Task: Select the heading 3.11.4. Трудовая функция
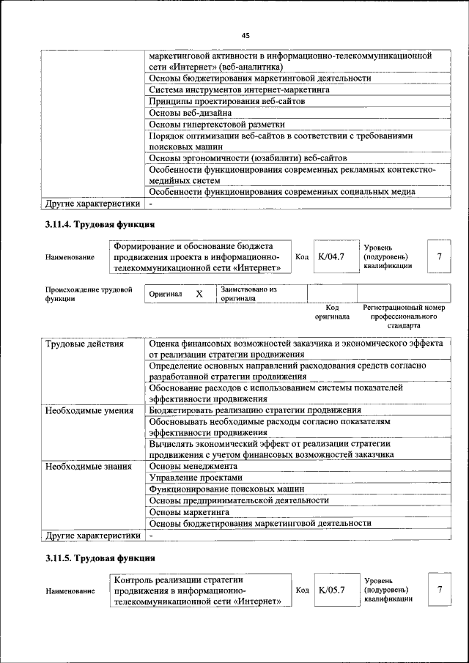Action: click(100, 224)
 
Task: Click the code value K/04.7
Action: click(331, 256)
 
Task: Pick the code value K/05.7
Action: click(331, 590)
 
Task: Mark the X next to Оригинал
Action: click(199, 294)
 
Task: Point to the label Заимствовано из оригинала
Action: click(248, 294)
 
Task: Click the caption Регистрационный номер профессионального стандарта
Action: click(404, 316)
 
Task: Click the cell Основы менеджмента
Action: click(193, 466)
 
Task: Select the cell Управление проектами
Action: click(195, 478)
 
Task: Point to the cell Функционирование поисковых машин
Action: click(226, 489)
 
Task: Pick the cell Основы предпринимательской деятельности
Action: click(238, 500)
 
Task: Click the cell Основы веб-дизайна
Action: click(190, 113)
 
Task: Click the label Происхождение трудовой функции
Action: click(89, 294)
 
